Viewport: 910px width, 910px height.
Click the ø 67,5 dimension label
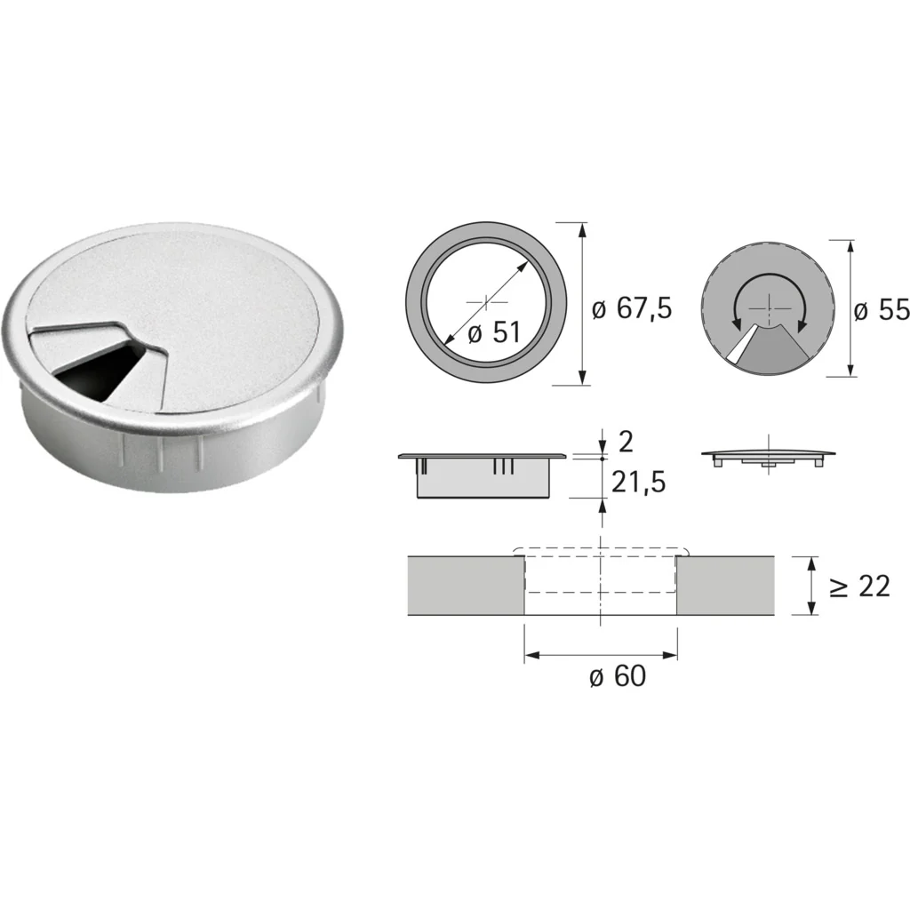(632, 308)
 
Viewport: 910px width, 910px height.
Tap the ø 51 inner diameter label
(494, 333)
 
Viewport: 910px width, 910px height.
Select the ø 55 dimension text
(882, 310)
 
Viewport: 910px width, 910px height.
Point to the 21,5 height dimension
(638, 483)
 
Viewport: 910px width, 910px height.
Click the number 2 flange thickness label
(627, 443)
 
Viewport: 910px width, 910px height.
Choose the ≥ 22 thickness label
(859, 587)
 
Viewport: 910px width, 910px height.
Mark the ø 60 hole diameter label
(618, 676)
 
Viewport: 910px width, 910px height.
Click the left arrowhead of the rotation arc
(737, 323)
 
